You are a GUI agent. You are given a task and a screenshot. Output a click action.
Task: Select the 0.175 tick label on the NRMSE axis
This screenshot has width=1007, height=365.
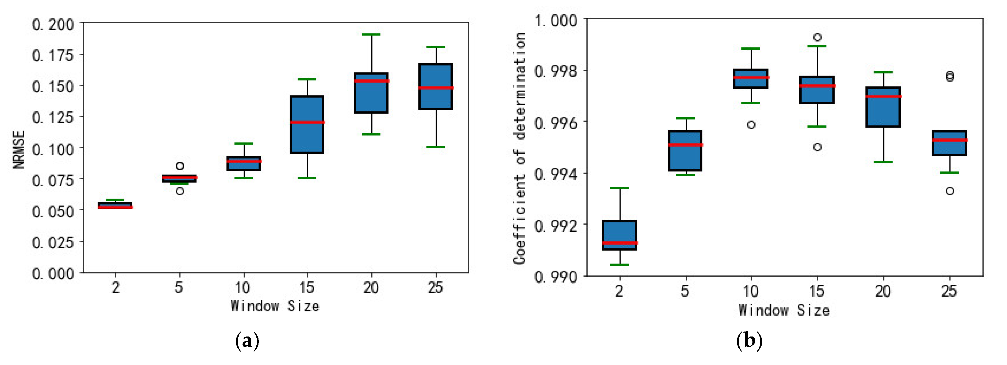click(53, 55)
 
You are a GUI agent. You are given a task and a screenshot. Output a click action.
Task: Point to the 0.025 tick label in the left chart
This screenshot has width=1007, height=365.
click(53, 242)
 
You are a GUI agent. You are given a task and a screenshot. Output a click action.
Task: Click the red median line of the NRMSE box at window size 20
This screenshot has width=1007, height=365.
click(371, 81)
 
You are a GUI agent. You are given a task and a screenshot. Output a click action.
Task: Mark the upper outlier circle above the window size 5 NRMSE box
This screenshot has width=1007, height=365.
click(180, 166)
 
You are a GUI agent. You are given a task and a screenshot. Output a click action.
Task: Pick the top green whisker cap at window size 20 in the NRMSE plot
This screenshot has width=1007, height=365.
click(371, 35)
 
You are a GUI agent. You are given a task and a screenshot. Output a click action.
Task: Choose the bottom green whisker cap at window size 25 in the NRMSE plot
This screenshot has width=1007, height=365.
click(436, 147)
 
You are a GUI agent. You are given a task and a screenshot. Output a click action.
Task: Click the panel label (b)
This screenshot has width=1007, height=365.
click(749, 340)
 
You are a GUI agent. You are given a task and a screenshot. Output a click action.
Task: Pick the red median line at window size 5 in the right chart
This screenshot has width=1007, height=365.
click(685, 145)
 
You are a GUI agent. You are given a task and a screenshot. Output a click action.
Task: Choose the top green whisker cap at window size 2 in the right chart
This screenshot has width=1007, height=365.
click(620, 188)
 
